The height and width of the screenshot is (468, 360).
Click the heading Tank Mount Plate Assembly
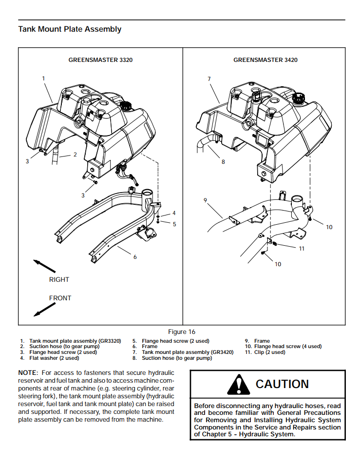[70, 29]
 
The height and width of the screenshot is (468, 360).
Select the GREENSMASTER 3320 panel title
[100, 60]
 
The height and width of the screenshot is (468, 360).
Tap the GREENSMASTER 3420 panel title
[265, 60]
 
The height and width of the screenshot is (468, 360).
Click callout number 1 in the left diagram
[43, 78]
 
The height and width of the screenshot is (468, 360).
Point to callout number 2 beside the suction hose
[75, 155]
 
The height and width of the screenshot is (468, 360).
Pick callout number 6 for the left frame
[135, 257]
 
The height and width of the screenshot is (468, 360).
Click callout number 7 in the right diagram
[208, 78]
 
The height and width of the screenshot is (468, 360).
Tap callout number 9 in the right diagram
[206, 200]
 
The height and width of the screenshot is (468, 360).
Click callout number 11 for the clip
[302, 248]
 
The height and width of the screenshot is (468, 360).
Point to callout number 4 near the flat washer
[174, 213]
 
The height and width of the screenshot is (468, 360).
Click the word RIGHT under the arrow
[59, 279]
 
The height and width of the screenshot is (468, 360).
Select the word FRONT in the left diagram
[60, 298]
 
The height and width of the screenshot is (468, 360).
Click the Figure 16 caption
[181, 331]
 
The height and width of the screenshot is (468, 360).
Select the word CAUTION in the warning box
[282, 384]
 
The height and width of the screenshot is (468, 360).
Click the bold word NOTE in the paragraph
[27, 372]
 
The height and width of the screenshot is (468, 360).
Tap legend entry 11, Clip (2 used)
[266, 352]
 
